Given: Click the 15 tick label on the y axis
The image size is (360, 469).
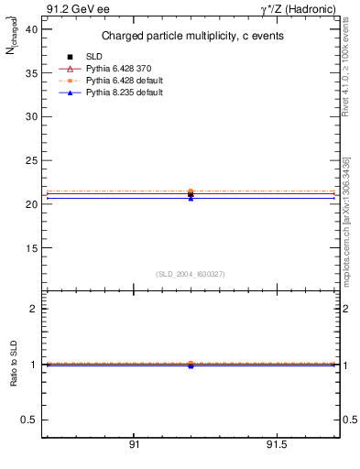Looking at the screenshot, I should pyautogui.click(x=31, y=248).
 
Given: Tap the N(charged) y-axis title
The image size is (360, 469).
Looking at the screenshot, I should pyautogui.click(x=14, y=39).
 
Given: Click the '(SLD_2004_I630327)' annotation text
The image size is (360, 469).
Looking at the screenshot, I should pyautogui.click(x=190, y=274).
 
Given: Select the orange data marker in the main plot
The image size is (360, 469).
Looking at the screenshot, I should pyautogui.click(x=191, y=191).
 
